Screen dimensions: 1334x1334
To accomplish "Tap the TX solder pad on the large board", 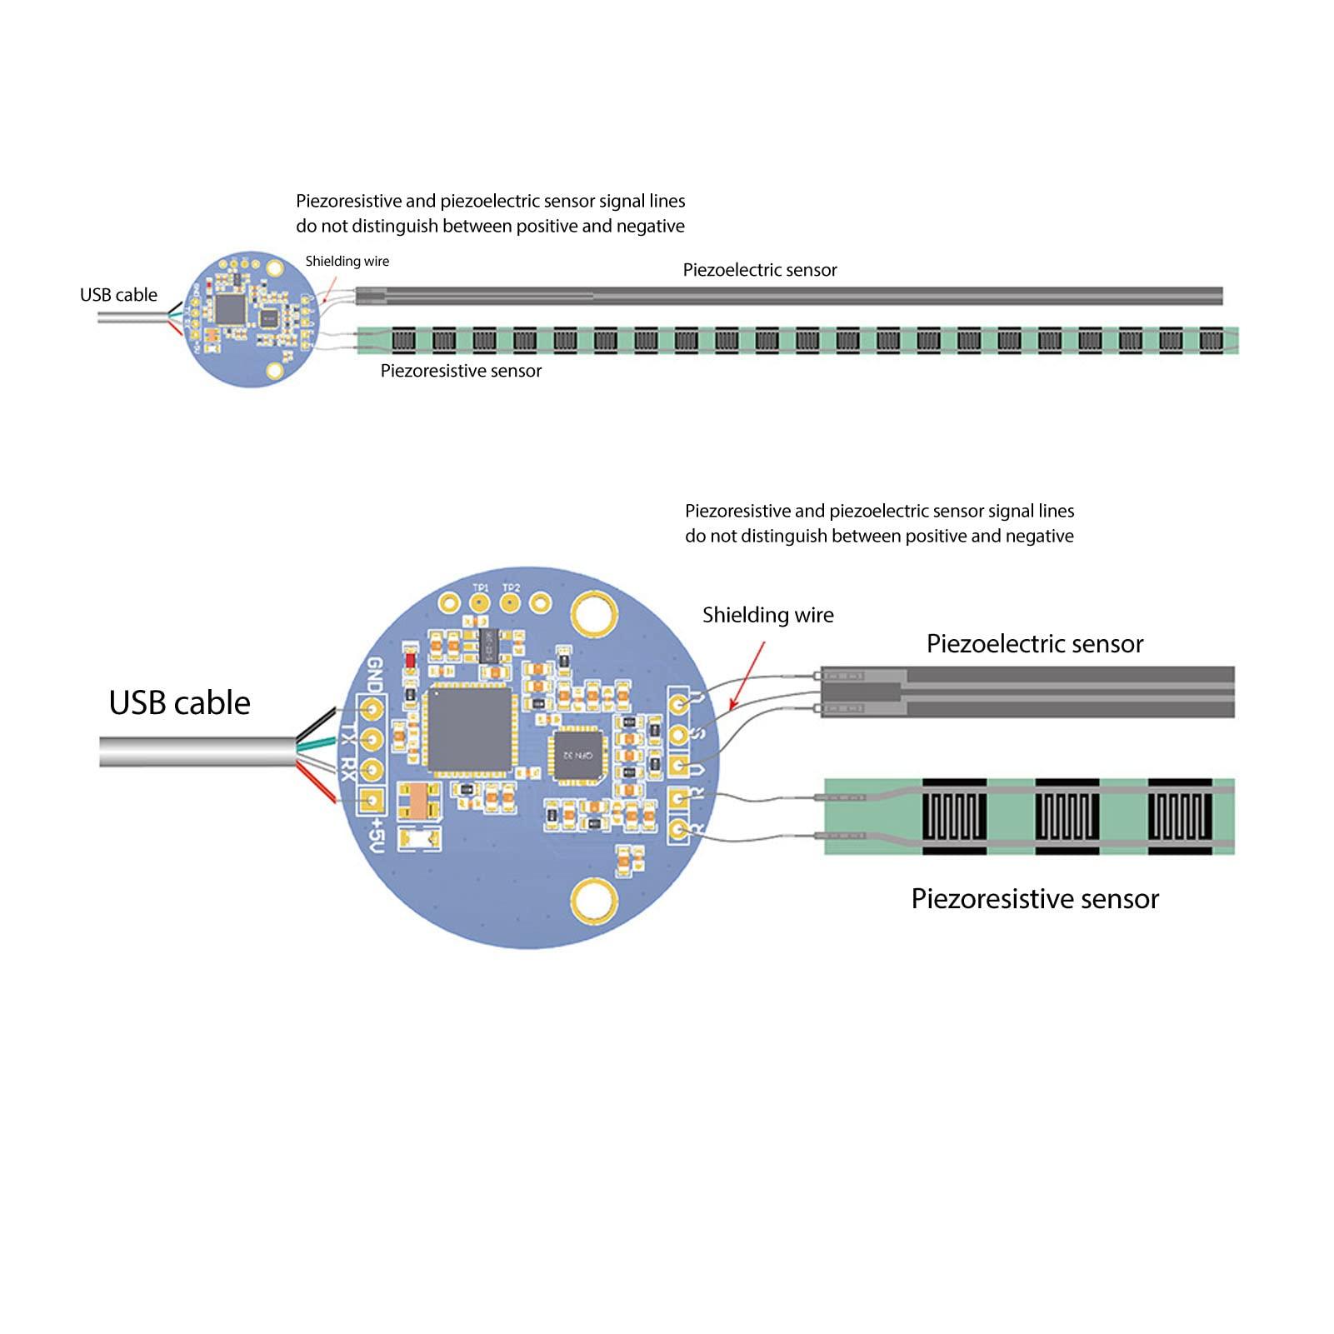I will tap(371, 739).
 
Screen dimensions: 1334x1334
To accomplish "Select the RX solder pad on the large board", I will tap(371, 769).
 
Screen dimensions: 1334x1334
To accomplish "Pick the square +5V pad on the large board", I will tap(371, 801).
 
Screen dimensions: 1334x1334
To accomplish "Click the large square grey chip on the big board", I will tap(467, 729).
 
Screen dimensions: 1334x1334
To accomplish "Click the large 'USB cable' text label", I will tap(179, 703).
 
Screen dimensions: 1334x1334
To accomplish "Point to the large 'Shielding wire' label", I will tap(767, 615).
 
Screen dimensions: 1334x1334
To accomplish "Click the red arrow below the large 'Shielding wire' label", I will tap(747, 675).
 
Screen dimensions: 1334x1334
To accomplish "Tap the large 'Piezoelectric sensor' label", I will tap(1034, 643).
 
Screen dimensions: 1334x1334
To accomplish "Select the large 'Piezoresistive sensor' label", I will tap(1034, 898).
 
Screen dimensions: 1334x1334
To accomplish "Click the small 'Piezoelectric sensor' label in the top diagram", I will tap(759, 270).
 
